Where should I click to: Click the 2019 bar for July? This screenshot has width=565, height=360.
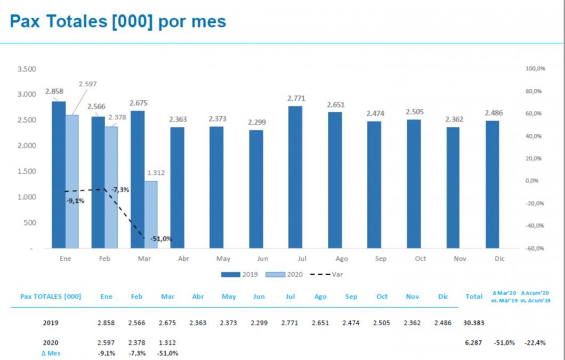click(x=295, y=177)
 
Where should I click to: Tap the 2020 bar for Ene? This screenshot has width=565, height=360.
click(x=72, y=181)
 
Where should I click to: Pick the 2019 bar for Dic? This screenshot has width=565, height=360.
click(x=493, y=184)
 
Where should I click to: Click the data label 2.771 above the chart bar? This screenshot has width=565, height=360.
click(x=296, y=99)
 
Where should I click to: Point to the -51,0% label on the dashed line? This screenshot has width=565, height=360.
click(x=161, y=239)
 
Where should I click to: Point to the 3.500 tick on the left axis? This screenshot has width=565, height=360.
click(x=27, y=69)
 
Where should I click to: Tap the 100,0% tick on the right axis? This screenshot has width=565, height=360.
click(x=535, y=69)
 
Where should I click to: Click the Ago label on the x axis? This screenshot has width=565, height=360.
click(x=342, y=259)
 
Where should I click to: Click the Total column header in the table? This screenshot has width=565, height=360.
click(x=474, y=297)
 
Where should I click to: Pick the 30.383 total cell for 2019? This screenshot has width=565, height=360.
click(x=474, y=323)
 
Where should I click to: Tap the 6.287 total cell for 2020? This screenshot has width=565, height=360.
click(x=474, y=343)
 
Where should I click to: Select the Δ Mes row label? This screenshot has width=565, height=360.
click(x=51, y=353)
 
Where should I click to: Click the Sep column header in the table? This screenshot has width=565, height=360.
click(x=351, y=297)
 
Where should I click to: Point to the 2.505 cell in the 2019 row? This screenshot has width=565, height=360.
click(x=382, y=323)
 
